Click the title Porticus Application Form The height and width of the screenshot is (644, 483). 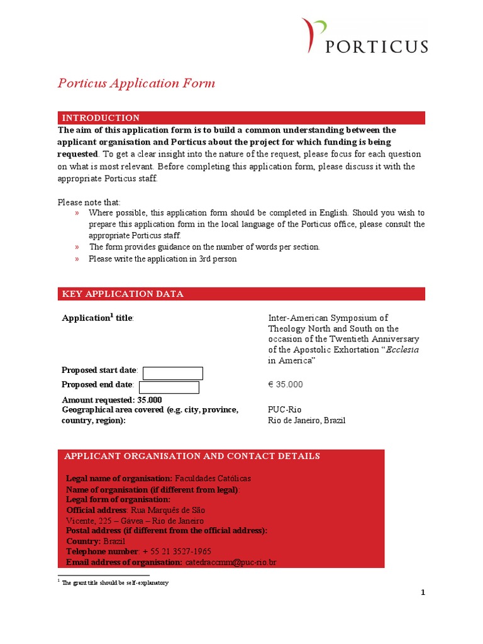click(136, 83)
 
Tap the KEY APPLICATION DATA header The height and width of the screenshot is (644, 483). click(123, 294)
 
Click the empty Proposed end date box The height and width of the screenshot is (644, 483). click(169, 387)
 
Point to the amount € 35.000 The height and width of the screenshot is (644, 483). click(286, 384)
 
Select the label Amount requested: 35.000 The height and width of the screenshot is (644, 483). click(111, 400)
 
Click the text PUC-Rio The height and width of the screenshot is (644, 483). click(284, 409)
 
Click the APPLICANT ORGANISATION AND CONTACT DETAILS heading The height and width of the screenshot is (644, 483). click(191, 456)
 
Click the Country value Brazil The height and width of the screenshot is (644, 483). click(114, 541)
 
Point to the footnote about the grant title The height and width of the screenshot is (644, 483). click(115, 583)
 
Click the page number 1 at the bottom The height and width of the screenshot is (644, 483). click(423, 592)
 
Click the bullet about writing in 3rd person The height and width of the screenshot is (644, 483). click(162, 258)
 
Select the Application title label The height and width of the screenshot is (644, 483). click(97, 318)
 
